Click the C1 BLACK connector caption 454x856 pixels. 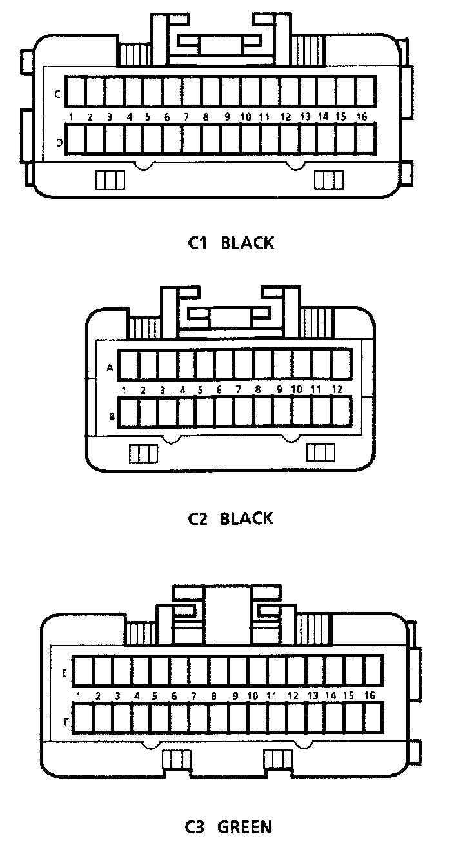pyautogui.click(x=231, y=243)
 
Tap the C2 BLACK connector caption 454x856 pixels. pyautogui.click(x=230, y=518)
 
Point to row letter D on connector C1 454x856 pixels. pyautogui.click(x=59, y=143)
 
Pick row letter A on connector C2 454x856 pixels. pyautogui.click(x=110, y=368)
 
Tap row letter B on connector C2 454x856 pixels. pyautogui.click(x=112, y=416)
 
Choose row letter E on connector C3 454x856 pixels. pyautogui.click(x=65, y=673)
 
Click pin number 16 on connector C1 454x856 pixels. pyautogui.click(x=361, y=117)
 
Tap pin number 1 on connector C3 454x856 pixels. pyautogui.click(x=78, y=696)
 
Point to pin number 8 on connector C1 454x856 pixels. pyautogui.click(x=206, y=117)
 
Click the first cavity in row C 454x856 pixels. pyautogui.click(x=76, y=92)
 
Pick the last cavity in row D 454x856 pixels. pyautogui.click(x=366, y=139)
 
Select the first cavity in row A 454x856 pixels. pyautogui.click(x=129, y=365)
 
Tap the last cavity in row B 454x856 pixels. pyautogui.click(x=340, y=413)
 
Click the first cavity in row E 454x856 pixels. pyautogui.click(x=82, y=671)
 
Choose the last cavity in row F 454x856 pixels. pyautogui.click(x=373, y=718)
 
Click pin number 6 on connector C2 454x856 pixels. pyautogui.click(x=219, y=390)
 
